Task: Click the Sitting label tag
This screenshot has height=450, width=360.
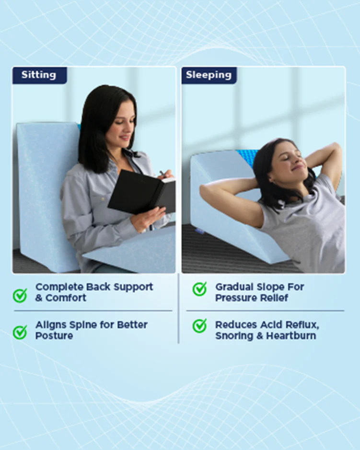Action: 39,75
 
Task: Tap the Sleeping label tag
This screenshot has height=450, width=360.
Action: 209,75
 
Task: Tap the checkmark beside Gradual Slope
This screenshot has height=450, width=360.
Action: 199,289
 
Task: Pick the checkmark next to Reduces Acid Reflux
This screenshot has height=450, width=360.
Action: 199,326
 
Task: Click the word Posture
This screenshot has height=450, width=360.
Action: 54,336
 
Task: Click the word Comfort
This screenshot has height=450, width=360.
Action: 66,298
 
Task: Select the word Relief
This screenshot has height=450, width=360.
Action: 274,298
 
